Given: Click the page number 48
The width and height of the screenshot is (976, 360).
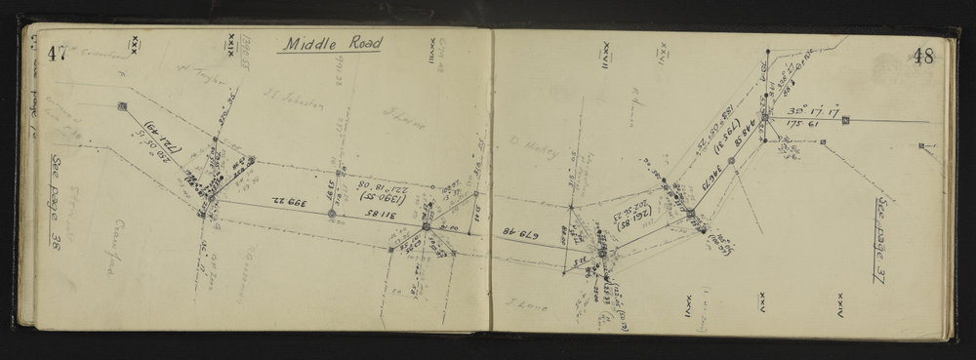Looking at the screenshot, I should [x=923, y=57].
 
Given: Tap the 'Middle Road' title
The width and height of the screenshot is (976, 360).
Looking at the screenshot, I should [x=328, y=44].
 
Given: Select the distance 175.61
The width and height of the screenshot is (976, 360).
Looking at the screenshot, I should [x=798, y=127].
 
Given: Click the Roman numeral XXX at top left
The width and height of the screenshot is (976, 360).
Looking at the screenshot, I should [x=132, y=46].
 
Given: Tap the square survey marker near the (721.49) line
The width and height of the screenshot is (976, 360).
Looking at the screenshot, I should [x=122, y=106].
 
